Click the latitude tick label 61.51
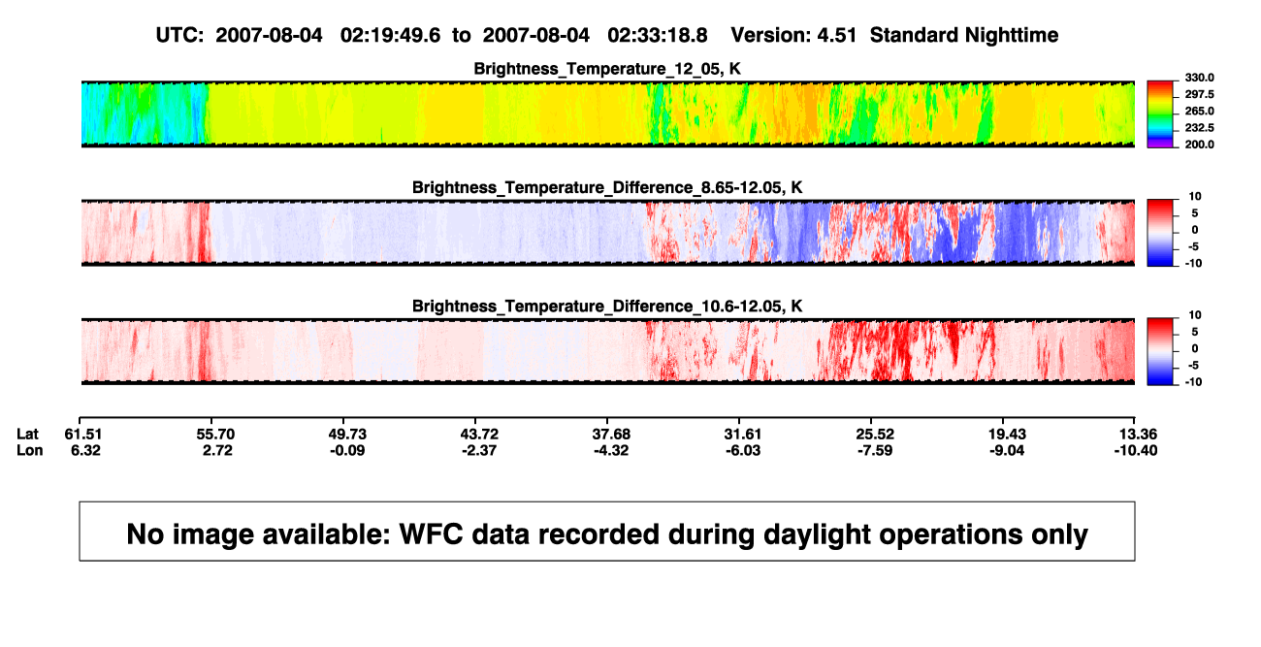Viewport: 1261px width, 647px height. [x=82, y=435]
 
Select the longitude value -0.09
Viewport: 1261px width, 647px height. [x=347, y=450]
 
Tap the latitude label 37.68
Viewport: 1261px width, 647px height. [x=611, y=435]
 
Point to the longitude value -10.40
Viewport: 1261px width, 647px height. [x=1136, y=450]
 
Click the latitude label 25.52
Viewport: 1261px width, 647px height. [x=875, y=435]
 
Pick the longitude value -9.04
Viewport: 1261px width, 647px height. [x=1007, y=450]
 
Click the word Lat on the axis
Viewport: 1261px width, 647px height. [x=27, y=435]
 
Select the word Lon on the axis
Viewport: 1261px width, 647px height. [x=29, y=450]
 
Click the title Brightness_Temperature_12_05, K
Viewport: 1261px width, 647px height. [x=607, y=69]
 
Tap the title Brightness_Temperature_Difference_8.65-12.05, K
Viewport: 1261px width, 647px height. [x=607, y=187]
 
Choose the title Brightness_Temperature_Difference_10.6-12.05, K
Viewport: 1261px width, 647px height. [x=607, y=307]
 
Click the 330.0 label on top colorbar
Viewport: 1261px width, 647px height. [x=1199, y=78]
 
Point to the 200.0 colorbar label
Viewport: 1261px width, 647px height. [x=1199, y=145]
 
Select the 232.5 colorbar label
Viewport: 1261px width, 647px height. [x=1199, y=128]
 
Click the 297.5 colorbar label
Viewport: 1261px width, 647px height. [x=1199, y=94]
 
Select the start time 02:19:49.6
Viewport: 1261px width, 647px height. [x=390, y=35]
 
